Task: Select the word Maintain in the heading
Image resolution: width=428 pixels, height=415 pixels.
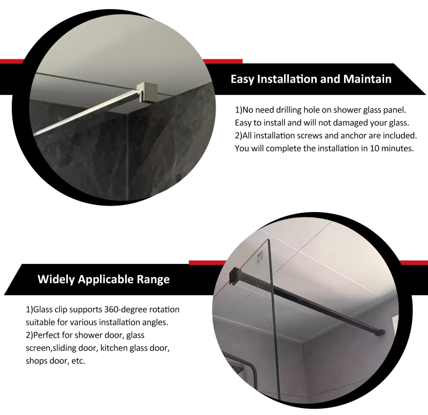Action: (367, 79)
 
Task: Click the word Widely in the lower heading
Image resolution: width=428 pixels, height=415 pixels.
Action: (56, 279)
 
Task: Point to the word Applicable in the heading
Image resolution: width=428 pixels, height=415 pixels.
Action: (105, 279)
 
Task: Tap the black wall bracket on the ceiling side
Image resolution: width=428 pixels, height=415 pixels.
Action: (233, 276)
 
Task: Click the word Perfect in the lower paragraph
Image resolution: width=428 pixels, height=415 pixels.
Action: (47, 335)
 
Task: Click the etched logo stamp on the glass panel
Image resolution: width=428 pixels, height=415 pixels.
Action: (260, 259)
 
